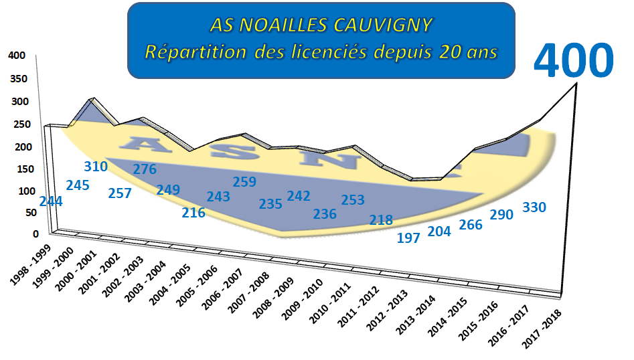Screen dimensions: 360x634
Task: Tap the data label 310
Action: pos(96,167)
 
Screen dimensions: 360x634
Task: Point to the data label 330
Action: pos(534,207)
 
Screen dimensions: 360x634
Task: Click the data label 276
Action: pos(145,169)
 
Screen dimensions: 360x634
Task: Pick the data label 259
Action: pos(245,182)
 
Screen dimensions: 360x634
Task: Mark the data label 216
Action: pos(193,213)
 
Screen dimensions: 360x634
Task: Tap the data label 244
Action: pos(51,201)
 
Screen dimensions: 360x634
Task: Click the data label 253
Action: pos(353,199)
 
